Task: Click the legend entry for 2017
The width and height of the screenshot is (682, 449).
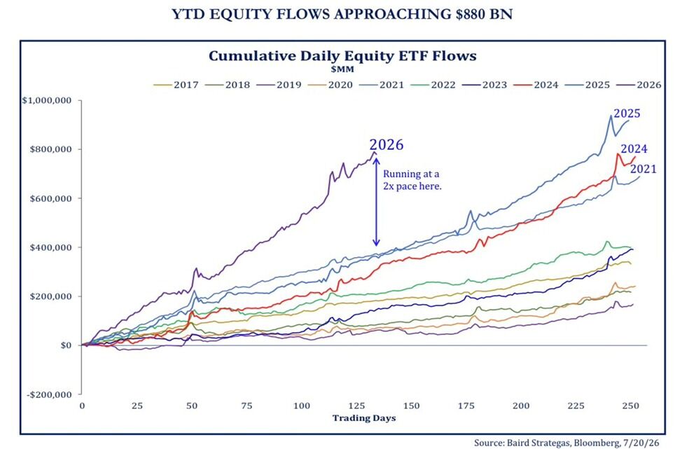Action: pos(176,85)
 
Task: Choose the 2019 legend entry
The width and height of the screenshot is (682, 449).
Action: pos(279,85)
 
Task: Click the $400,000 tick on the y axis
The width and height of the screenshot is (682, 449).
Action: pos(50,247)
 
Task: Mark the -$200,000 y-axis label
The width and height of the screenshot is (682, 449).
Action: pos(49,394)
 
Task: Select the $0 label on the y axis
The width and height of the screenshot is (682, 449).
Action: pos(66,345)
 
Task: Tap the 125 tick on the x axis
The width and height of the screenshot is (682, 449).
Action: pos(356,406)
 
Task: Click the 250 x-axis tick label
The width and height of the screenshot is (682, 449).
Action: pos(631,406)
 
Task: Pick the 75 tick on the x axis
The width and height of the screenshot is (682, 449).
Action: pos(246,406)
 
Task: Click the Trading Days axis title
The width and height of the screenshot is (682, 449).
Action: pos(364,418)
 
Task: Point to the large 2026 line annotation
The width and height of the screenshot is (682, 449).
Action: pos(387,144)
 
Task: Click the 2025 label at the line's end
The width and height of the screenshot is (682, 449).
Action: pos(627,113)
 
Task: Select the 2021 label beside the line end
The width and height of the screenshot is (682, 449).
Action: pos(643,169)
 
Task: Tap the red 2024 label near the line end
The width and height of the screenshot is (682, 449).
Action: pos(634,148)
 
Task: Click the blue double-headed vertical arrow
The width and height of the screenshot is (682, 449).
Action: pos(377,202)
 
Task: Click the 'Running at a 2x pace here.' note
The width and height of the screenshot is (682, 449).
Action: pos(412,180)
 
